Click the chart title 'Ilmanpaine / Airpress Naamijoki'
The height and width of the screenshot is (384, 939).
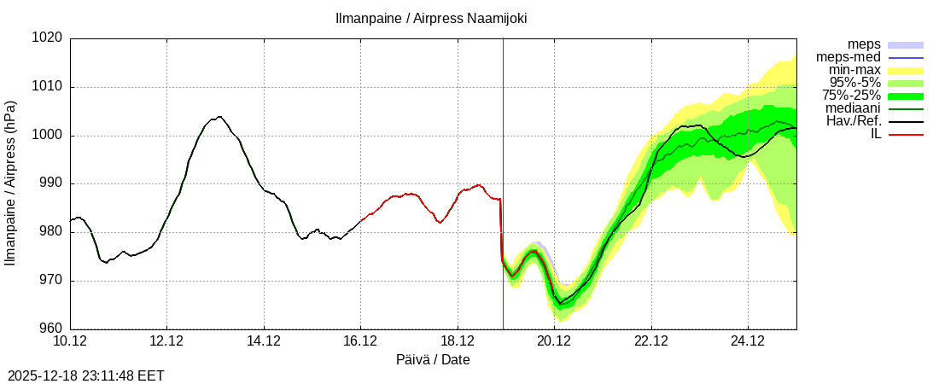coord(431,18)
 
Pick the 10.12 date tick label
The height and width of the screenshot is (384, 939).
coord(70,342)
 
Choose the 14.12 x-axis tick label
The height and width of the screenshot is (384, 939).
coord(264,342)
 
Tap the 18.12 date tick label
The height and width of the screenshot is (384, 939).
coord(458,342)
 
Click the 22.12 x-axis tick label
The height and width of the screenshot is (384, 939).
coord(651,342)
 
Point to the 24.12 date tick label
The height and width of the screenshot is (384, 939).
coord(748,342)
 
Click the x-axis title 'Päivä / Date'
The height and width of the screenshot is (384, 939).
coord(433,360)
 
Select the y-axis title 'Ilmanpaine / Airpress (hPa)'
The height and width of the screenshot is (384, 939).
coord(10,183)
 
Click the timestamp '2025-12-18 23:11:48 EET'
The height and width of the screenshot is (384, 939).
coord(86,375)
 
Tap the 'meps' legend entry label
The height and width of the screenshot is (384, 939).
coord(864,44)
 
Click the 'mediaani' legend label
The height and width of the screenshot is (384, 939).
coord(853,108)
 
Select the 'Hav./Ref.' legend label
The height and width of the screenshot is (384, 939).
coord(854,121)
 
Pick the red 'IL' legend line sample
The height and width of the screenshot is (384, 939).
coord(907,135)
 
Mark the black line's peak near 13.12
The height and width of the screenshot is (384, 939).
coord(219,117)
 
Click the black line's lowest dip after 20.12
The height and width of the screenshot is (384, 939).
coord(561,304)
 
